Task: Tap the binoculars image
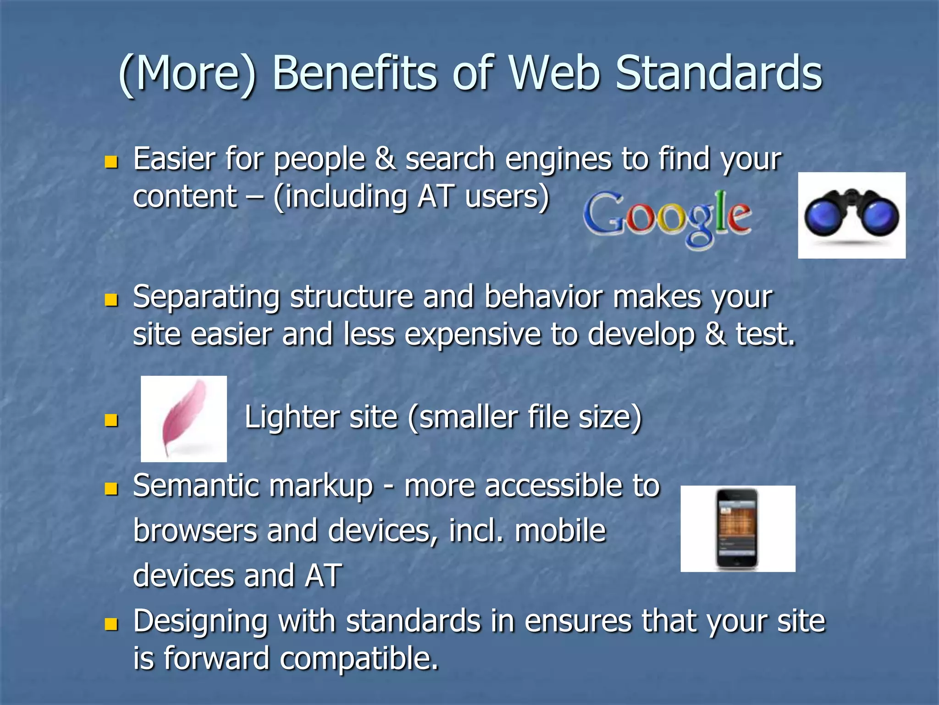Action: click(x=851, y=215)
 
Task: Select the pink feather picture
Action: click(x=183, y=419)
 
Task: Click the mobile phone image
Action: click(x=737, y=529)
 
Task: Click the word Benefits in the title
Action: click(x=354, y=73)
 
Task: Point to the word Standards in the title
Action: click(x=718, y=73)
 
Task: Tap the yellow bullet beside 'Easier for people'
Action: click(x=111, y=162)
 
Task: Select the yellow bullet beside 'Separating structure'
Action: click(x=111, y=300)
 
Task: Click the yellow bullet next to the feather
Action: click(x=111, y=420)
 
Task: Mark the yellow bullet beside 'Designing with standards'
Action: click(x=111, y=624)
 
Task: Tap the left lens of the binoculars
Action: click(x=824, y=217)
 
